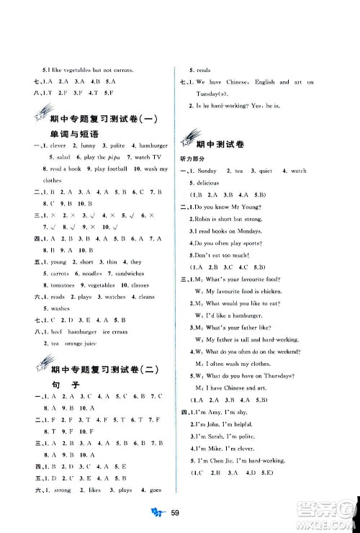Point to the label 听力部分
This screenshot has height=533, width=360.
pyautogui.click(x=194, y=158)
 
